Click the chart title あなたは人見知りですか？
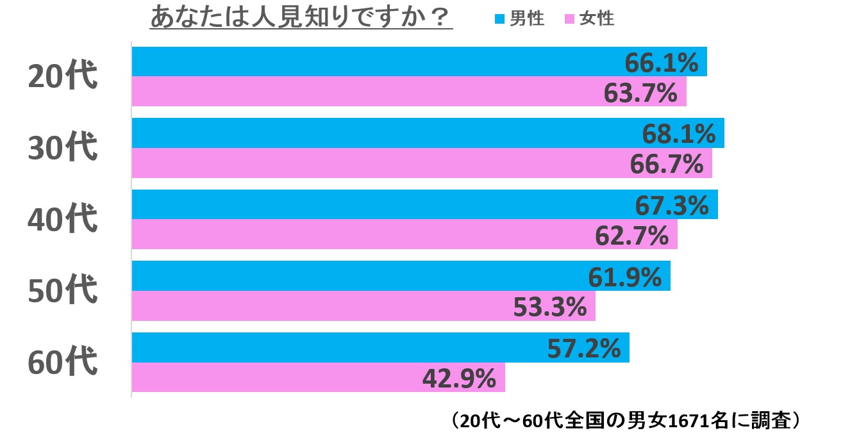(301, 18)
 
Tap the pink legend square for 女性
(569, 20)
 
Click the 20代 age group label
(62, 77)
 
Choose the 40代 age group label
(62, 220)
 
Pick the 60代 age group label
(62, 363)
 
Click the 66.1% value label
(661, 63)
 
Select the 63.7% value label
(641, 93)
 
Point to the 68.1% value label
(678, 134)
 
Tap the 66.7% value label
(667, 165)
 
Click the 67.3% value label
(672, 206)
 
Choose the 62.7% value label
(632, 236)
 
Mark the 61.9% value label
(624, 277)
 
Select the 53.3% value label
(550, 307)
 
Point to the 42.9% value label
(459, 379)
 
